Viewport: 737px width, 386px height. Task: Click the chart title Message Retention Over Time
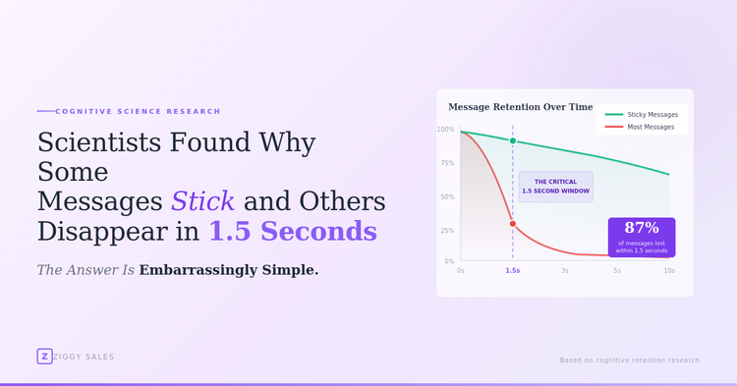pyautogui.click(x=520, y=107)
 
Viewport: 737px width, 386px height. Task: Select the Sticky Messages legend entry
pyautogui.click(x=652, y=115)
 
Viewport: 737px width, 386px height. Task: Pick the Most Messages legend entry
pyautogui.click(x=651, y=127)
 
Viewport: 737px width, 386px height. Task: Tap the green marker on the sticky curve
pyautogui.click(x=513, y=140)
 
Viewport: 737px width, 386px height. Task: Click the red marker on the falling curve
pyautogui.click(x=513, y=224)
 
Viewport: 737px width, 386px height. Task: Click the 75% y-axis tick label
pyautogui.click(x=446, y=163)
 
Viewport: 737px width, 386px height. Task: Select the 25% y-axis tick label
pyautogui.click(x=446, y=231)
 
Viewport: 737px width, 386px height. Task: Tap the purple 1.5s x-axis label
pyautogui.click(x=513, y=270)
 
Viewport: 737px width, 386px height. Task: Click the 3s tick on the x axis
pyautogui.click(x=565, y=270)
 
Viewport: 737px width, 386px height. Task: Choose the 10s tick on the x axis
pyautogui.click(x=669, y=270)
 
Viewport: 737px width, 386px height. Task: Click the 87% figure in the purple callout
pyautogui.click(x=642, y=228)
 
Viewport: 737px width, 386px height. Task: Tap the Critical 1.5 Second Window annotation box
pyautogui.click(x=555, y=187)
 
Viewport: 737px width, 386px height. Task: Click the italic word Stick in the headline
pyautogui.click(x=202, y=201)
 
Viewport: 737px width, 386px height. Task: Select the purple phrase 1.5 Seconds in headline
pyautogui.click(x=292, y=231)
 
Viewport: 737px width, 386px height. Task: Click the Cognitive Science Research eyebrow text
pyautogui.click(x=138, y=111)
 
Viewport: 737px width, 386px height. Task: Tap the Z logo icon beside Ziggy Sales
pyautogui.click(x=44, y=357)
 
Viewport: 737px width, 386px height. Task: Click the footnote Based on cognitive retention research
pyautogui.click(x=630, y=360)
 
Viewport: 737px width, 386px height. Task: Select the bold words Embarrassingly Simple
pyautogui.click(x=229, y=270)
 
